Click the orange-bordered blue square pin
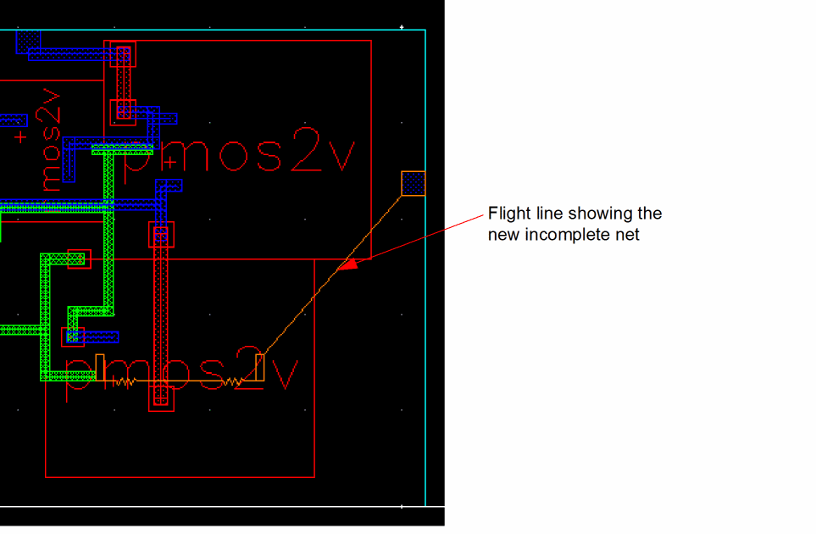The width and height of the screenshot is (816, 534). click(x=414, y=182)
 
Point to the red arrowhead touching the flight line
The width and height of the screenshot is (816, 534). click(x=347, y=264)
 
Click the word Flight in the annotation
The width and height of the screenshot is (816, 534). click(x=506, y=213)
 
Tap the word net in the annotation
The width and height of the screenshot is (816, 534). click(x=628, y=234)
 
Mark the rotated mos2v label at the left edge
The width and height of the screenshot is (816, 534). click(x=49, y=140)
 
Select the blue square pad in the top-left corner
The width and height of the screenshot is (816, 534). click(x=28, y=40)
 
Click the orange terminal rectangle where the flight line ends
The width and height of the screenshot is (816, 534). click(x=260, y=367)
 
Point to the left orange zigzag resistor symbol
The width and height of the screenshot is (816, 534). click(x=124, y=382)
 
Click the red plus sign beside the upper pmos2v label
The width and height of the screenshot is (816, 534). click(x=171, y=161)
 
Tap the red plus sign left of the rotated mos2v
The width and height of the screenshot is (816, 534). click(x=20, y=136)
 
